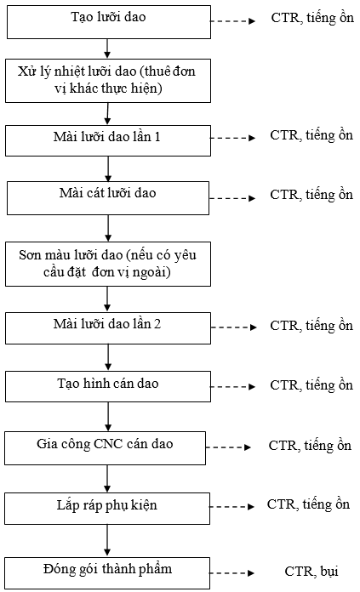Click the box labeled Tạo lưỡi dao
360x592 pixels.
click(109, 22)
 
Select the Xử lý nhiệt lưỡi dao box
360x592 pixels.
click(108, 81)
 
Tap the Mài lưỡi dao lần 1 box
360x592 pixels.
click(108, 140)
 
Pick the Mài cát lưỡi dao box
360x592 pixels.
click(108, 198)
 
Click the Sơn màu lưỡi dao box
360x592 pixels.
click(108, 264)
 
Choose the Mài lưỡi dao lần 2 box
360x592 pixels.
click(108, 328)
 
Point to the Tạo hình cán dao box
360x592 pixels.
click(108, 386)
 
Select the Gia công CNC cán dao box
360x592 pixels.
click(105, 447)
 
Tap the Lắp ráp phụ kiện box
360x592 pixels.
click(107, 508)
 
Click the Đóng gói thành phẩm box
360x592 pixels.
click(107, 572)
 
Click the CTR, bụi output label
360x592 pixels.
click(311, 572)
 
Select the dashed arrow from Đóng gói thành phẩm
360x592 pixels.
click(232, 573)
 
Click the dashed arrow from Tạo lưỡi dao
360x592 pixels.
click(232, 21)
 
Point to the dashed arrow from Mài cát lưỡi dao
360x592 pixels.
click(232, 198)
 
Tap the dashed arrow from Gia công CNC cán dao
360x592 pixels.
click(229, 447)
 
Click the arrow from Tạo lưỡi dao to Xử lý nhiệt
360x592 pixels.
click(108, 48)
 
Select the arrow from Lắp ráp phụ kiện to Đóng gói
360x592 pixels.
click(107, 541)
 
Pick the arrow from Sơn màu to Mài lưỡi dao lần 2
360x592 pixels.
click(108, 299)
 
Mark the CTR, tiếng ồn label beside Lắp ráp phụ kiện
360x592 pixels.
click(308, 504)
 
